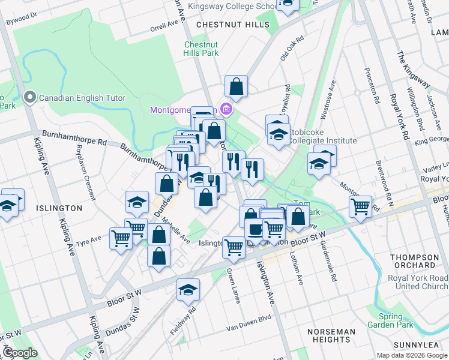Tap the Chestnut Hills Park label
201,49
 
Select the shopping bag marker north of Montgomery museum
237,86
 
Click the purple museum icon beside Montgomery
226,110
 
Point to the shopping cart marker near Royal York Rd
360,207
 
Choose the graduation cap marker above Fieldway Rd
188,290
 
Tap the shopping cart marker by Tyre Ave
121,239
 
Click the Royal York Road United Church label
418,282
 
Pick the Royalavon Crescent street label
79,180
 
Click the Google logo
20,353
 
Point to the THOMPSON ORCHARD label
414,261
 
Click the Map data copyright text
412,355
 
